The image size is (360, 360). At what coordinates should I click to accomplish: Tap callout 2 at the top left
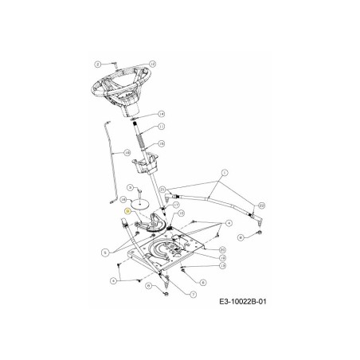(97, 63)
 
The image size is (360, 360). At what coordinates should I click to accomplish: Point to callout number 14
(161, 114)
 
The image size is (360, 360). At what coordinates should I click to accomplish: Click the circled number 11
(161, 127)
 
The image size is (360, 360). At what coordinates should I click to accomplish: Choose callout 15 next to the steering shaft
(161, 143)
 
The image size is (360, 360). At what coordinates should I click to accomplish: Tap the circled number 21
(162, 189)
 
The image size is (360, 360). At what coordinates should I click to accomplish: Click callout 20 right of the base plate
(221, 248)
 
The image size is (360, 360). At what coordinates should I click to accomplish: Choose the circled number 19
(221, 257)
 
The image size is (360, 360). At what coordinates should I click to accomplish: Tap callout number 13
(221, 266)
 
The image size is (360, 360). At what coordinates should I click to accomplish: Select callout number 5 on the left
(104, 252)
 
